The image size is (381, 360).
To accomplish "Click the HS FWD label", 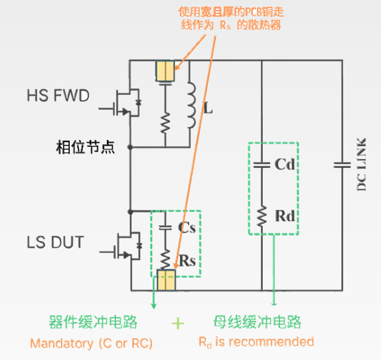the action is [58, 95].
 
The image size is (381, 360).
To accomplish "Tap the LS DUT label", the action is [55, 242].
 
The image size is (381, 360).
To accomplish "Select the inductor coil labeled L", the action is [191, 105].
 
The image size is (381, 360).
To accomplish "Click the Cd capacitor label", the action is [285, 164].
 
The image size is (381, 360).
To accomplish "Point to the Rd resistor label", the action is [285, 216].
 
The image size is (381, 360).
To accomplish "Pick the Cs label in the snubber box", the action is [187, 228].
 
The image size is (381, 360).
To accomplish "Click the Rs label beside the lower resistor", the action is [187, 261].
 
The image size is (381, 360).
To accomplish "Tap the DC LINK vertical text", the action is [361, 165].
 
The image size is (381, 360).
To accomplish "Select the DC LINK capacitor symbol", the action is [342, 165].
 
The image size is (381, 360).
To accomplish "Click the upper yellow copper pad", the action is [165, 71].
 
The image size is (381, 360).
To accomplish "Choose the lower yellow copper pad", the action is [166, 280].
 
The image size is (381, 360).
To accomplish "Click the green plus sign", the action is [178, 323].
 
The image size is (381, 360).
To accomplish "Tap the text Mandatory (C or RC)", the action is [91, 343].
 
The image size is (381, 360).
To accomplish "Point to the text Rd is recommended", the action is [256, 342].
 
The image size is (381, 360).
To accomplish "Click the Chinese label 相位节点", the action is [85, 147].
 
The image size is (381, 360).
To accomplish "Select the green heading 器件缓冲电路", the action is [93, 322].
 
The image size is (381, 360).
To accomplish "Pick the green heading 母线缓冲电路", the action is [258, 322].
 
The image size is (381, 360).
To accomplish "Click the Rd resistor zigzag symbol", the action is [262, 217].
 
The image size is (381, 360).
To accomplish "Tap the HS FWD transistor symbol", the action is [124, 103].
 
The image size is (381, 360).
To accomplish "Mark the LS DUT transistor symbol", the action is [124, 246].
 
